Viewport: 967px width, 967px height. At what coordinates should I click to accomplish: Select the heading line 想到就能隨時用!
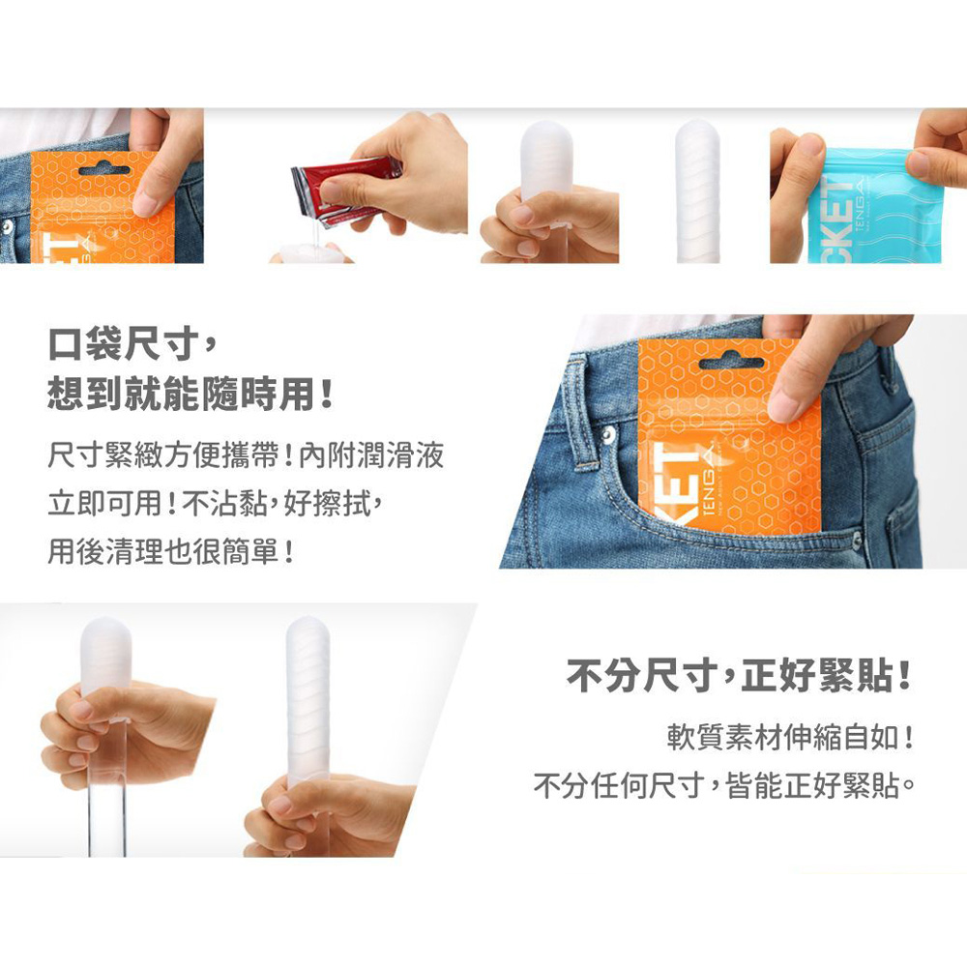[x=190, y=394]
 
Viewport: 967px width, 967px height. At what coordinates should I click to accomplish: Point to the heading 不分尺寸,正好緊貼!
[x=739, y=676]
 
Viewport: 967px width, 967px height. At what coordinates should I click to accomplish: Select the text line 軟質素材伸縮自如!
[x=790, y=737]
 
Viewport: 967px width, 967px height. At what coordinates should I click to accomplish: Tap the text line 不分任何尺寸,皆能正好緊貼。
[x=723, y=785]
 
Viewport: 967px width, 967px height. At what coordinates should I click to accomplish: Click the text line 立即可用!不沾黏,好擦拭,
[x=216, y=503]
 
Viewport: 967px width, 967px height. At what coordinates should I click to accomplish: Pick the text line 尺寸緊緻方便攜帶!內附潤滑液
[x=246, y=455]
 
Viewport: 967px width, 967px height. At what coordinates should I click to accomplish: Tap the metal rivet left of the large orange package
[x=608, y=435]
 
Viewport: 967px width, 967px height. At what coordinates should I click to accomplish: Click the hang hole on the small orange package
[x=103, y=169]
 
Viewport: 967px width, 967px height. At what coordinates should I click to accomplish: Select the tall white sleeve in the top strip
[x=697, y=191]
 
